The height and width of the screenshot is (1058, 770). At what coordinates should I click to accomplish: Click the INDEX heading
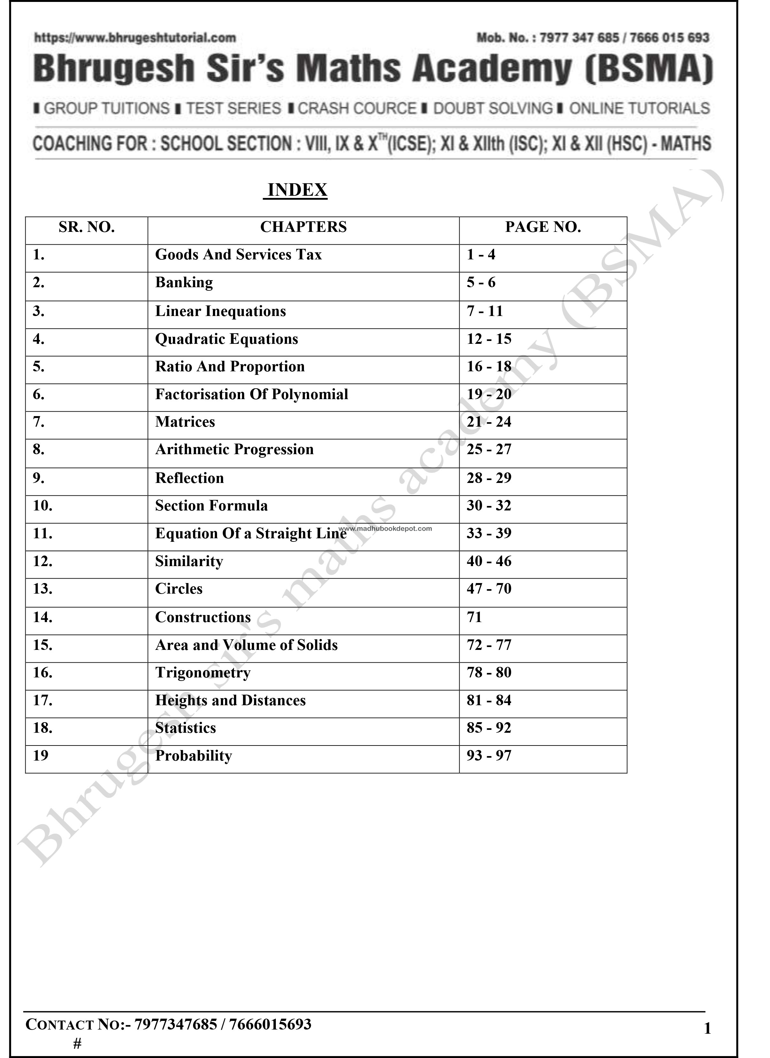[x=297, y=190]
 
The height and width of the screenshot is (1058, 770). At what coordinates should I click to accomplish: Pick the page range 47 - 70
[x=489, y=589]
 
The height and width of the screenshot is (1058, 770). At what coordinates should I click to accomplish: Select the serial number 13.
[x=43, y=589]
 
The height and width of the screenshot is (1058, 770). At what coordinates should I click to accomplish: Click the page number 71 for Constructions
[x=474, y=617]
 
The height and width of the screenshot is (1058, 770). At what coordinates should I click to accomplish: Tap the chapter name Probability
[x=193, y=756]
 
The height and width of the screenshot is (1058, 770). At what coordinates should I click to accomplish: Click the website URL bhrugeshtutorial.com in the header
[x=135, y=38]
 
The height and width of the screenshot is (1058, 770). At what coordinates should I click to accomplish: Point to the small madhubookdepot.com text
[x=385, y=529]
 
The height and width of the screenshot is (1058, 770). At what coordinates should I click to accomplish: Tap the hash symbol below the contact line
[x=77, y=1044]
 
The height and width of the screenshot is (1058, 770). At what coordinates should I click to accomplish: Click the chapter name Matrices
[x=185, y=422]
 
